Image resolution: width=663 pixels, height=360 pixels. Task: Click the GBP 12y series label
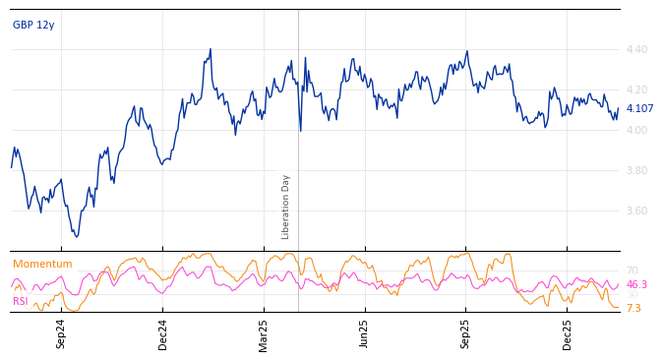click(x=33, y=25)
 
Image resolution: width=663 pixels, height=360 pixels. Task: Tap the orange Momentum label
click(x=42, y=265)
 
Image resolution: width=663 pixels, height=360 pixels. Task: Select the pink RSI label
click(x=21, y=301)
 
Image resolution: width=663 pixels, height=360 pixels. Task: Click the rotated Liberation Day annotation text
click(x=286, y=207)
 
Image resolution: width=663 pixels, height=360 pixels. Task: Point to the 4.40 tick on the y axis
click(x=636, y=49)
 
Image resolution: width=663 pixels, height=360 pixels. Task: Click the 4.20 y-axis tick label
click(x=636, y=90)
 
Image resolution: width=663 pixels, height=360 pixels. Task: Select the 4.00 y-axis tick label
click(x=636, y=130)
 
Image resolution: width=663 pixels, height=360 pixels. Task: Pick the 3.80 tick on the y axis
click(x=636, y=170)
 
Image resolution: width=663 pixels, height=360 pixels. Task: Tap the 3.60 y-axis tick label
click(x=636, y=210)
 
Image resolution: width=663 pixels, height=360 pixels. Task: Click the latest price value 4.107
click(x=639, y=109)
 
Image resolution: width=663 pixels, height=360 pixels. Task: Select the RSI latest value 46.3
click(x=636, y=284)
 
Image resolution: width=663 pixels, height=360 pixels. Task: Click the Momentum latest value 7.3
click(x=633, y=308)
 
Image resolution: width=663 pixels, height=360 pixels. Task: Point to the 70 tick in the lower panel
click(x=632, y=270)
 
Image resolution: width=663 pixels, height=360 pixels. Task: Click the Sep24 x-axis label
click(x=61, y=333)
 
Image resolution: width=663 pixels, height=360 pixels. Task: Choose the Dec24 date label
click(x=163, y=333)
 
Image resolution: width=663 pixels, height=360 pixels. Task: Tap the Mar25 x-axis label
click(x=264, y=333)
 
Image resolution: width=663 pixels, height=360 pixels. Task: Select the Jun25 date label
click(x=364, y=333)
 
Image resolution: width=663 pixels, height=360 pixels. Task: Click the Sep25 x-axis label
click(x=465, y=333)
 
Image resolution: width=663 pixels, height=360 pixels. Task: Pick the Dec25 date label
click(x=568, y=333)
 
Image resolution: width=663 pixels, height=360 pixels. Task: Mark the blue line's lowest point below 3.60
click(x=77, y=236)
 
